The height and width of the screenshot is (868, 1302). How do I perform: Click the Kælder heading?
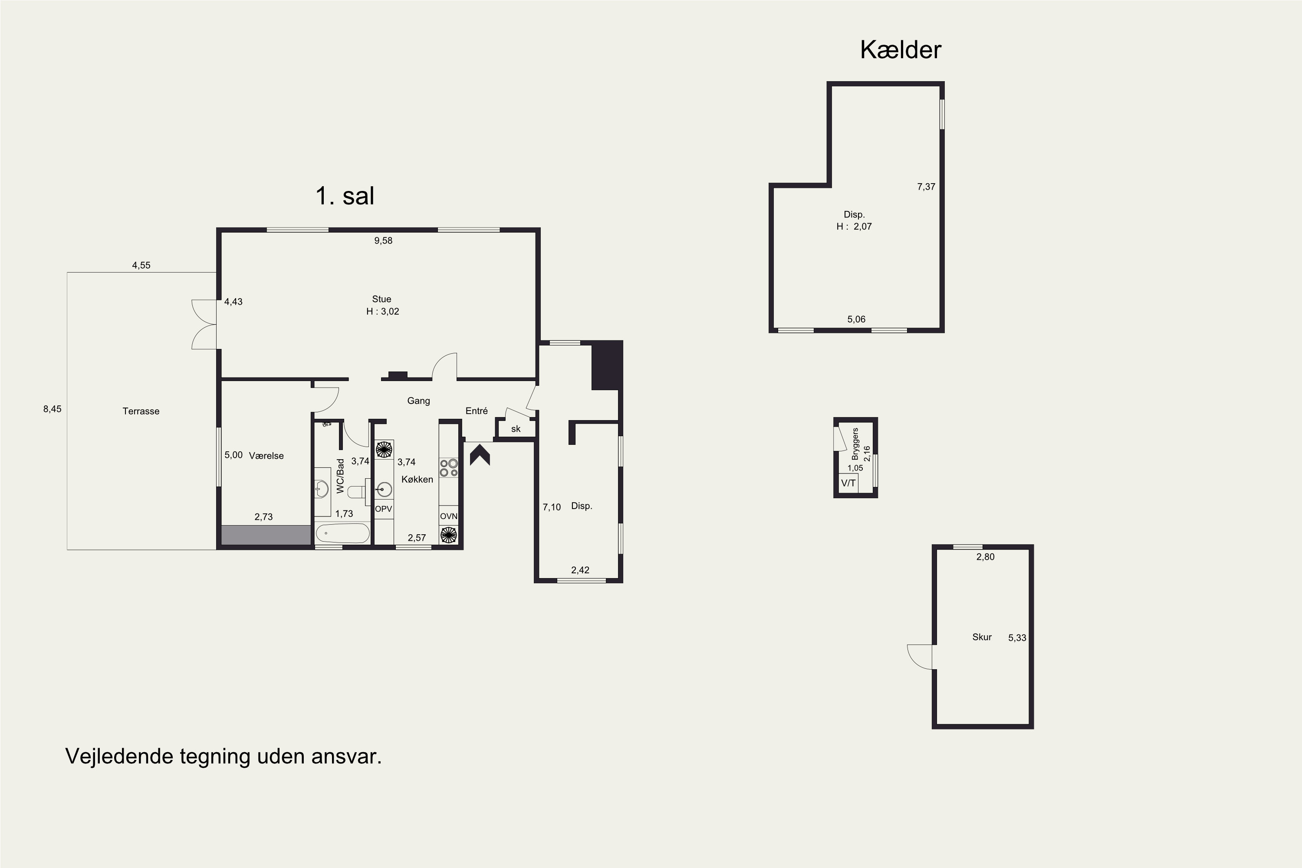900,50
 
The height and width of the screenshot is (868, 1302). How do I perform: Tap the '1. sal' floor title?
345,195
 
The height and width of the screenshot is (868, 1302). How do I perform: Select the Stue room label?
381,299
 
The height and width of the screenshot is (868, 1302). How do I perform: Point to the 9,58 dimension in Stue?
383,240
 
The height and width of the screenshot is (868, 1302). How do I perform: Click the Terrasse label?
141,411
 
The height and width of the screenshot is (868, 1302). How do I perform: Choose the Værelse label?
266,456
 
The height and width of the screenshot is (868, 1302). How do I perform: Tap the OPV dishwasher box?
384,509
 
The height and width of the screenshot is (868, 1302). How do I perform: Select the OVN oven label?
448,516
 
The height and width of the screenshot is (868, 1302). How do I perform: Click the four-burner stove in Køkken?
449,468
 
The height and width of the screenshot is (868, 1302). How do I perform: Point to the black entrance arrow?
480,456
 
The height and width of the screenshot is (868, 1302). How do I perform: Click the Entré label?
477,411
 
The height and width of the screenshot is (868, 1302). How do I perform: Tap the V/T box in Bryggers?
848,483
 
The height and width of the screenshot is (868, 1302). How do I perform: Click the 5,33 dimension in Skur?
1017,638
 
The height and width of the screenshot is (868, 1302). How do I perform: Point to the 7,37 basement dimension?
926,187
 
